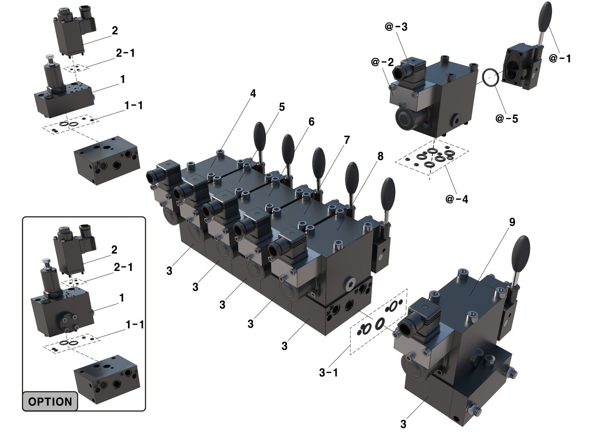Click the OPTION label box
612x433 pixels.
pyautogui.click(x=50, y=401)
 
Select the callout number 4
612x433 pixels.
pyautogui.click(x=253, y=94)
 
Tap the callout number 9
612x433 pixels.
pyautogui.click(x=512, y=222)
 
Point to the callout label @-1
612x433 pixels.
pyautogui.click(x=560, y=58)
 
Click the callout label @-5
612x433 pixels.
pyautogui.click(x=507, y=119)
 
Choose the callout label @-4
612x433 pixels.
pyautogui.click(x=456, y=199)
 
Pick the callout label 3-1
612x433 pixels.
pyautogui.click(x=328, y=373)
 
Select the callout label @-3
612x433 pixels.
pyautogui.click(x=396, y=27)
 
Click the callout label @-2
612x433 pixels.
pyautogui.click(x=382, y=62)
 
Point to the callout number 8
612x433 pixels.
pyautogui.click(x=380, y=156)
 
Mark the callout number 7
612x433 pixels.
pyautogui.click(x=346, y=140)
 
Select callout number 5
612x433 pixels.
pyautogui.click(x=282, y=107)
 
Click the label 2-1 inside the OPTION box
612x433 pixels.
pyautogui.click(x=123, y=267)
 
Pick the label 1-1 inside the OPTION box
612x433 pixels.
pyautogui.click(x=135, y=325)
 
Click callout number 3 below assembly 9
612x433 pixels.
pyautogui.click(x=403, y=424)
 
